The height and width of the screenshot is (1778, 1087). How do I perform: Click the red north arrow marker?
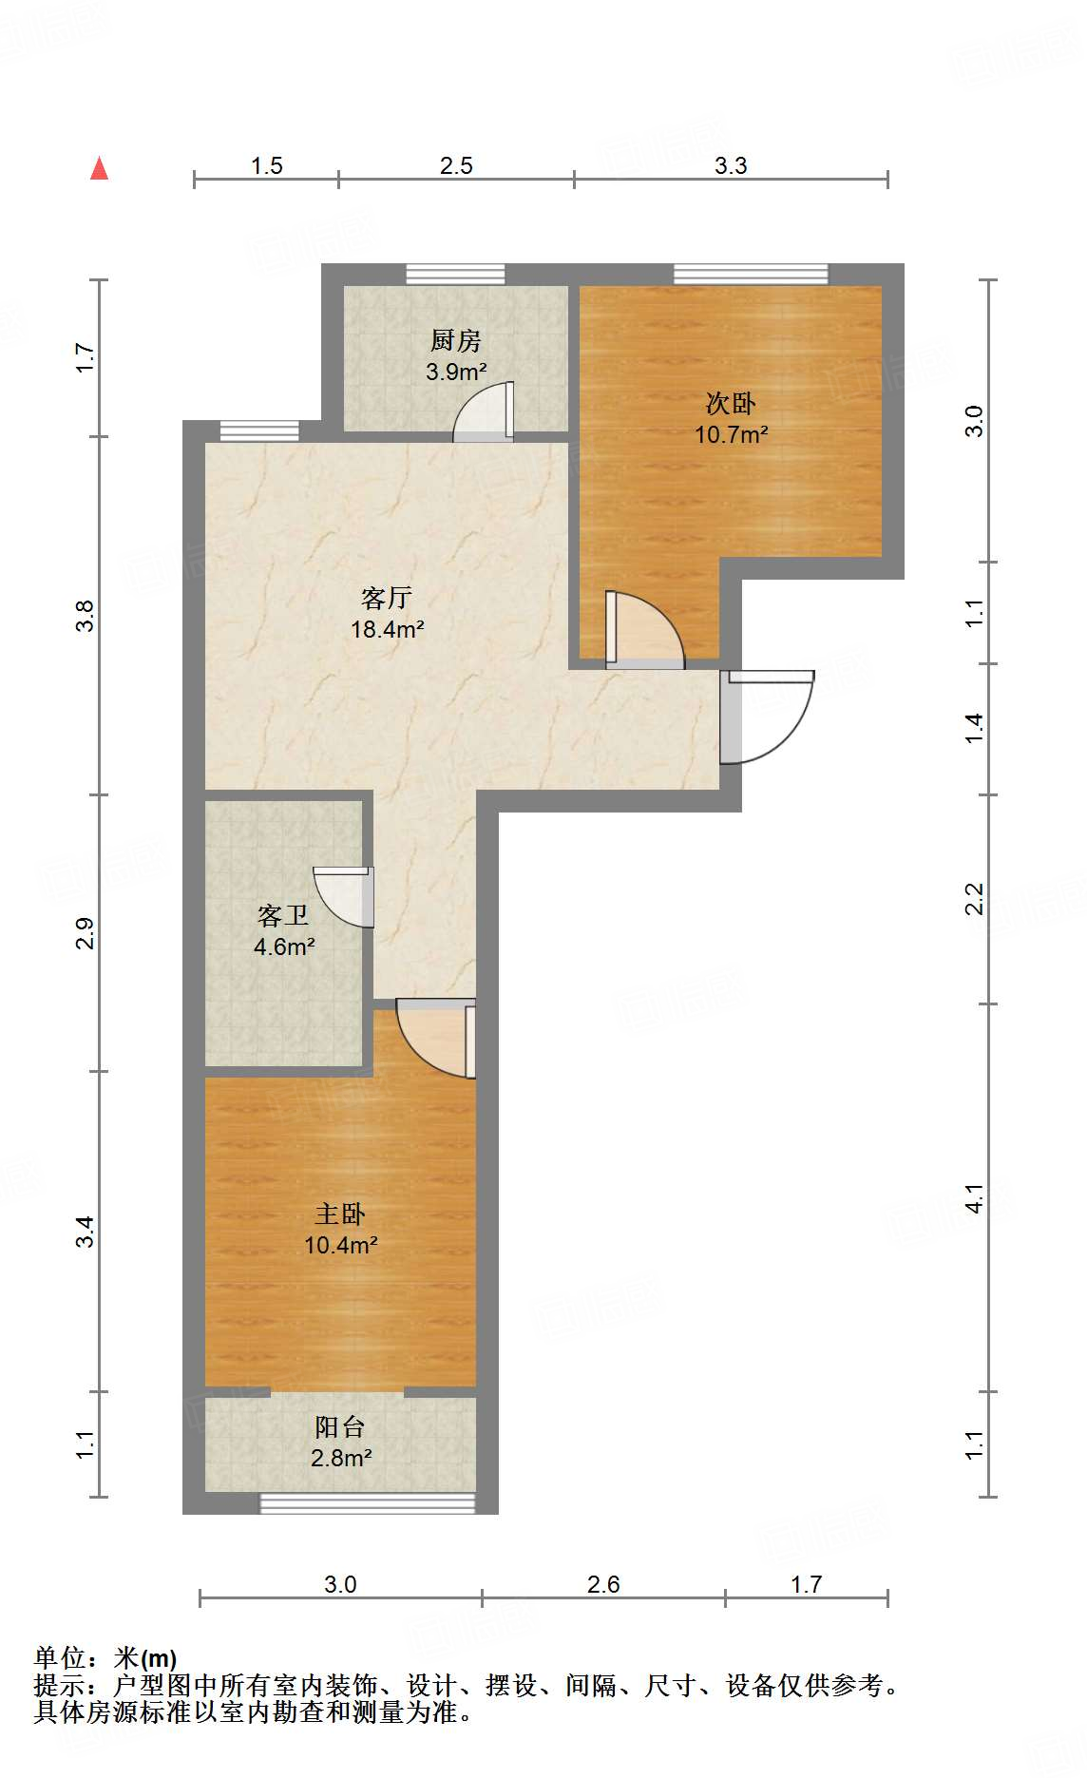point(99,168)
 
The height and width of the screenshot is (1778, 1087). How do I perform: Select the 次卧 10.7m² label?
point(731,419)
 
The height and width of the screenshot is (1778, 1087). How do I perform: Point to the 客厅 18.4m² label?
point(387,613)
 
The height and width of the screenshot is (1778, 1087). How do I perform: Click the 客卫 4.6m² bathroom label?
point(283,930)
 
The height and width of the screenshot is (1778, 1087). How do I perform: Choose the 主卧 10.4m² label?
point(340,1229)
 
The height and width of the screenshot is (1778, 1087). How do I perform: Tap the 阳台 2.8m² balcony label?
point(340,1442)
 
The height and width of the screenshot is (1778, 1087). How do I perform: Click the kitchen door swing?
point(485,413)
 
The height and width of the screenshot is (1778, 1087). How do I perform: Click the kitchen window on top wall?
point(455,274)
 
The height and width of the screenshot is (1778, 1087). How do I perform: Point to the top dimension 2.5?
point(456,165)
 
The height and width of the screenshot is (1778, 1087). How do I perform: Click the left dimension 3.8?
point(86,615)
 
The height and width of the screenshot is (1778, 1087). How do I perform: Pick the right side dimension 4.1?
point(975,1197)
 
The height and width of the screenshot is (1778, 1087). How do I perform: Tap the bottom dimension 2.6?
point(603,1584)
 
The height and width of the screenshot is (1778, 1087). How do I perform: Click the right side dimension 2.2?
point(975,898)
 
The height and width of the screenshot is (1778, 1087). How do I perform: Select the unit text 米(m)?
point(144,1657)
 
